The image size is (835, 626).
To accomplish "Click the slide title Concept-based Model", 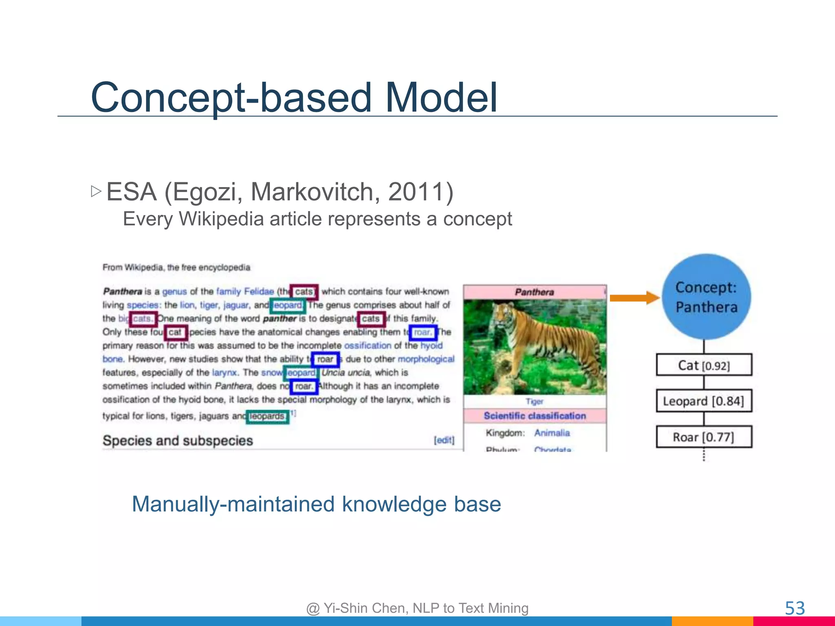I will (x=294, y=98).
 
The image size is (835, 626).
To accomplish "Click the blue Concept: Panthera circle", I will (x=706, y=297).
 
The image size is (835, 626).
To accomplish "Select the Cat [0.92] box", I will (x=704, y=365).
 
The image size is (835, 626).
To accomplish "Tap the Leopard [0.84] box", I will (x=704, y=401).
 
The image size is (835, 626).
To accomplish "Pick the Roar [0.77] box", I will (x=704, y=437).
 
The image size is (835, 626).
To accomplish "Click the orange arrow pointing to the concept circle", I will (x=634, y=298).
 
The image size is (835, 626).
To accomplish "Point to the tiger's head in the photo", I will (x=504, y=316).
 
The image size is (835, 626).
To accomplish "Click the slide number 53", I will (x=795, y=608).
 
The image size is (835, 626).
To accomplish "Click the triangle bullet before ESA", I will (x=96, y=191).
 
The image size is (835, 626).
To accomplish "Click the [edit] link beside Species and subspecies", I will (x=444, y=440).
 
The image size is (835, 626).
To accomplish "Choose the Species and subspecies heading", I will (x=178, y=441).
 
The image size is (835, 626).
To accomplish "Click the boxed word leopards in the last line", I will (x=267, y=417).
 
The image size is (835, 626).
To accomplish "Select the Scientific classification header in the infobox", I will (x=535, y=416).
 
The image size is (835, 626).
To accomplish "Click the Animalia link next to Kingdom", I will (x=552, y=433).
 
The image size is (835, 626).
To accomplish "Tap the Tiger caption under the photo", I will (x=534, y=401).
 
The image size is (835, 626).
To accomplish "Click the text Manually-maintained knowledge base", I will (x=316, y=504).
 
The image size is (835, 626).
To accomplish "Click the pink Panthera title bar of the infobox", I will (x=534, y=292).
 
